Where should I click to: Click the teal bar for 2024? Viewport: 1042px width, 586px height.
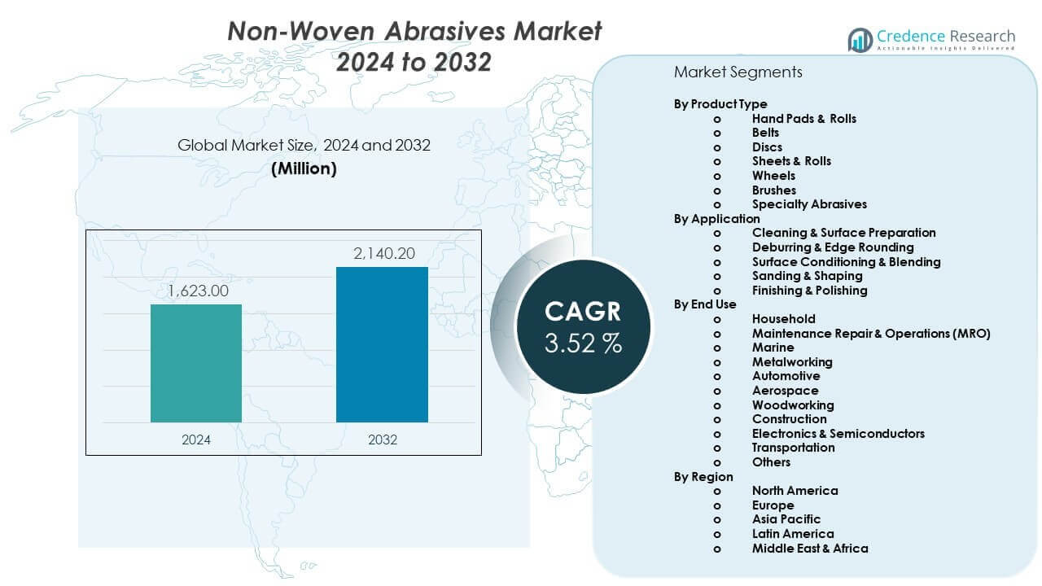[196, 363]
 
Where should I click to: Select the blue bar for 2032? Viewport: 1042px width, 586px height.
[382, 344]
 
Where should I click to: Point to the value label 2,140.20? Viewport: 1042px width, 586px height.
[383, 253]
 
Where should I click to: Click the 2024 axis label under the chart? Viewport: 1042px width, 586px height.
[196, 439]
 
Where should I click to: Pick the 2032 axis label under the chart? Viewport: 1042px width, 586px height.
[383, 439]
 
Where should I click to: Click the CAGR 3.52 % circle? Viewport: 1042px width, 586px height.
[583, 326]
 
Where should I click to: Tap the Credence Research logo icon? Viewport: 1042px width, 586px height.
[860, 40]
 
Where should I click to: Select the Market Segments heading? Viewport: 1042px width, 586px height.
[738, 72]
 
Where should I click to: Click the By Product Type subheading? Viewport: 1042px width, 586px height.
[720, 104]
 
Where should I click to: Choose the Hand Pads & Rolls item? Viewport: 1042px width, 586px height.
[803, 119]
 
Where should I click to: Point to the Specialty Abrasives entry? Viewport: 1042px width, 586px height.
[809, 204]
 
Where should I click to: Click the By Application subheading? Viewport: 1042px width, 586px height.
[716, 219]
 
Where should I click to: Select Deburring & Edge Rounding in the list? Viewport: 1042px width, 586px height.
[832, 247]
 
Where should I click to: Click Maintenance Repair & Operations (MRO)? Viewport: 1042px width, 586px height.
[870, 334]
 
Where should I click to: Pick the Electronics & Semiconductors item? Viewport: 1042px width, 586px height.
[838, 434]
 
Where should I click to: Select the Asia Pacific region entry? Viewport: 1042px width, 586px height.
[786, 519]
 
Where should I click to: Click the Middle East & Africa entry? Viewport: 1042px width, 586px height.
[809, 549]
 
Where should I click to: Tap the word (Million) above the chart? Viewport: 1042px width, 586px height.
[304, 168]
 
